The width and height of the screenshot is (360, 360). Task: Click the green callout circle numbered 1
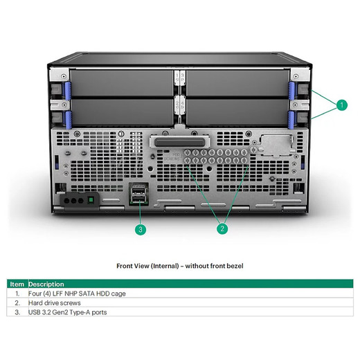click(x=342, y=105)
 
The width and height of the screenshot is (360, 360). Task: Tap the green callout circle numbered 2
click(x=222, y=228)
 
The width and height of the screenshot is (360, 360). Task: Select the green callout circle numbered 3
click(x=141, y=229)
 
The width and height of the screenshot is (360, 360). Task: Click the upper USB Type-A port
click(x=138, y=190)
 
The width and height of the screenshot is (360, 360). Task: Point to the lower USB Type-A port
click(x=138, y=199)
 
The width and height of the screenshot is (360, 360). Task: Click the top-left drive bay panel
click(x=122, y=82)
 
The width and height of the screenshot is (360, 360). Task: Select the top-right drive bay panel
click(x=237, y=82)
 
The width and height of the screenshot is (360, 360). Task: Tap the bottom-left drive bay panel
click(x=122, y=112)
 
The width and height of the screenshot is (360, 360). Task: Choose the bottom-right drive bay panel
click(x=237, y=112)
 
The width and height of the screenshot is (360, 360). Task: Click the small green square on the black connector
click(x=91, y=200)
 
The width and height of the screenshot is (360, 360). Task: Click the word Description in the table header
click(x=46, y=284)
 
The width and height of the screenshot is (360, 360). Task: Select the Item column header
click(x=17, y=284)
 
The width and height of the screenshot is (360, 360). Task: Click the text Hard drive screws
click(x=55, y=303)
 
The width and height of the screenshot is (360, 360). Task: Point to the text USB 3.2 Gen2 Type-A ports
click(x=67, y=312)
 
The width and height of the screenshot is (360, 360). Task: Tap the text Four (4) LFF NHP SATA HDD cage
click(x=77, y=294)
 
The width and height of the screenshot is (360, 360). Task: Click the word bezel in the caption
click(x=235, y=266)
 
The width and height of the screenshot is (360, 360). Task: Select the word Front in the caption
click(x=124, y=266)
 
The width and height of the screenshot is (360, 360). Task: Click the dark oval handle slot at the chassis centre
click(x=179, y=143)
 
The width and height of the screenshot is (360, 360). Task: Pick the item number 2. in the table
click(x=17, y=303)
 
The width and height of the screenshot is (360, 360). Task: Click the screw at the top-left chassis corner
click(x=64, y=76)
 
